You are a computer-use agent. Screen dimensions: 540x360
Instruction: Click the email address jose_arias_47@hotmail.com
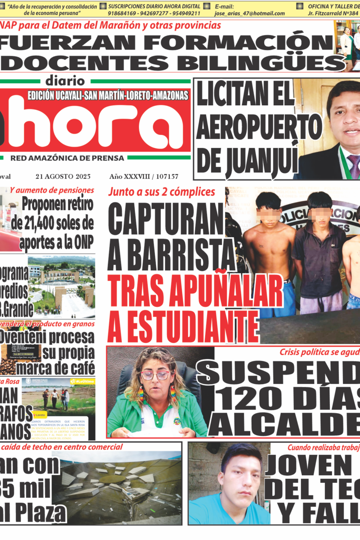pyautogui.click(x=249, y=13)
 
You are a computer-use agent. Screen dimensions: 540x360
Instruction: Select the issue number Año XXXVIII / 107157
pyautogui.click(x=144, y=177)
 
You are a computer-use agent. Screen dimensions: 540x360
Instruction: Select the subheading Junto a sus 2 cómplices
pyautogui.click(x=161, y=192)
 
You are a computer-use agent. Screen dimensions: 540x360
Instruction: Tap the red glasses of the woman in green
pyautogui.click(x=156, y=375)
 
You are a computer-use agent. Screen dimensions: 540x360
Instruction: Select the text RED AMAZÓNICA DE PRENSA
pyautogui.click(x=67, y=158)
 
